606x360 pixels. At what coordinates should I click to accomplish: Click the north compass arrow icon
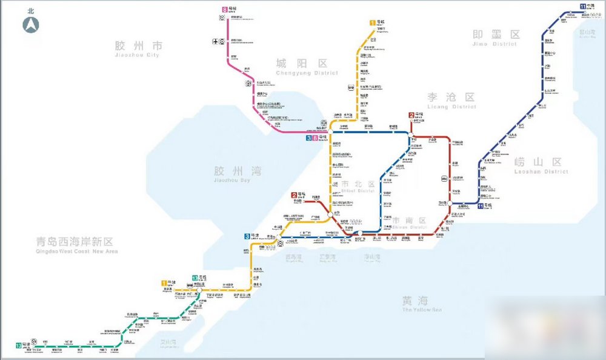tap(31, 25)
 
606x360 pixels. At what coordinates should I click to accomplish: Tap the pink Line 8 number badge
tap(225, 9)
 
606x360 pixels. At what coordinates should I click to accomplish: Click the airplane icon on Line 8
tap(215, 41)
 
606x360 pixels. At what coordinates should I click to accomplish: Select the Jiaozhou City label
tap(139, 48)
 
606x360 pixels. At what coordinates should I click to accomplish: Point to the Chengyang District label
tap(301, 66)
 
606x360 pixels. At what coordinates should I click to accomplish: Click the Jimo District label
tap(496, 37)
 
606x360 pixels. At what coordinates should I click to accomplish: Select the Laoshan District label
tap(537, 165)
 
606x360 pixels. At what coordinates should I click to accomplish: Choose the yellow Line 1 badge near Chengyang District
tap(372, 23)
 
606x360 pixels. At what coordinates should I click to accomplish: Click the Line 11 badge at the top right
tap(582, 6)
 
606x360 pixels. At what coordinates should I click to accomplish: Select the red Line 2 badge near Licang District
tap(411, 115)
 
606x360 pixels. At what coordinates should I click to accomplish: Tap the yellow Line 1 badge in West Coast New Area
tap(164, 282)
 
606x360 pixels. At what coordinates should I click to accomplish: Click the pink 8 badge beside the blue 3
tap(315, 138)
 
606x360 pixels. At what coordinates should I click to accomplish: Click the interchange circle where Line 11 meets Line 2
tap(451, 204)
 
